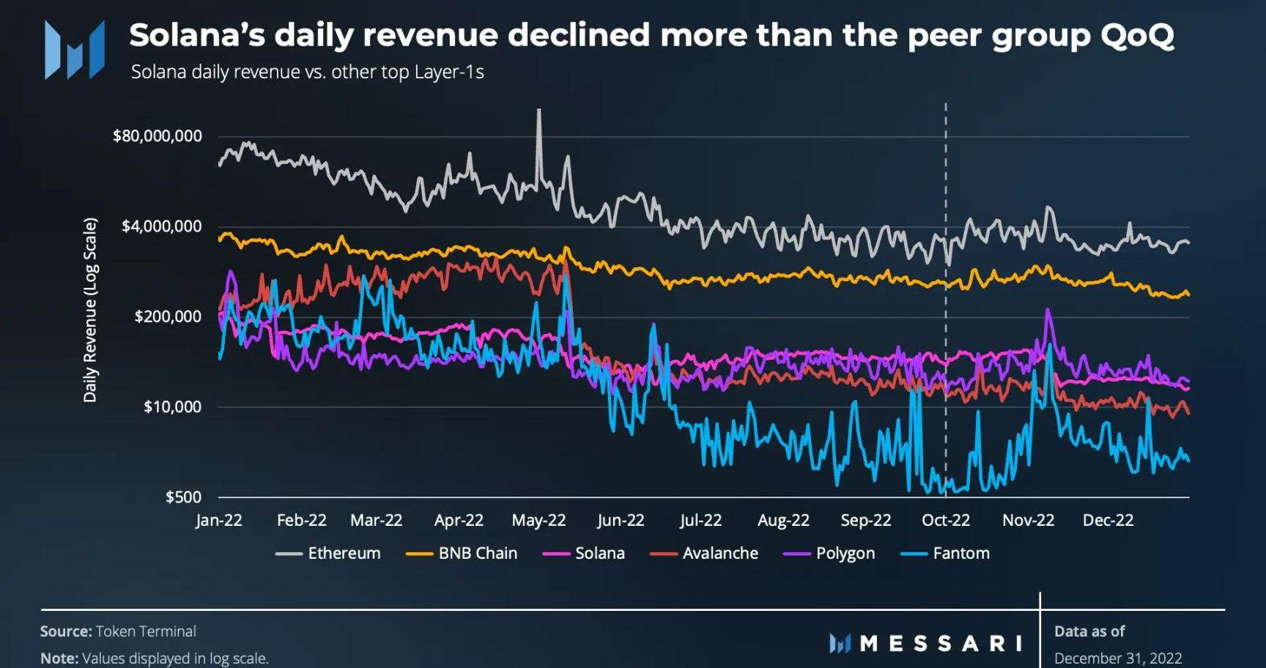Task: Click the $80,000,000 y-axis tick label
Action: (158, 136)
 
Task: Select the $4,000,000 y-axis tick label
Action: (162, 226)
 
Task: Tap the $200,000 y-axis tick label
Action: (168, 316)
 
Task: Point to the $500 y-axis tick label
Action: (183, 497)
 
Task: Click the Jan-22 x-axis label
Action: (219, 521)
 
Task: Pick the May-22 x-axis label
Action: (538, 521)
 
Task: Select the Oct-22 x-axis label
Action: (945, 521)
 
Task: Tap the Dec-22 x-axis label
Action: (1108, 521)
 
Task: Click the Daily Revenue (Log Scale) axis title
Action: (90, 310)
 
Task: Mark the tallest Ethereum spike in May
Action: (539, 112)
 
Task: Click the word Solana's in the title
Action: (197, 35)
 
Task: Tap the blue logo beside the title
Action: (74, 49)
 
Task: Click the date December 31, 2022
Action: (1118, 658)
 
